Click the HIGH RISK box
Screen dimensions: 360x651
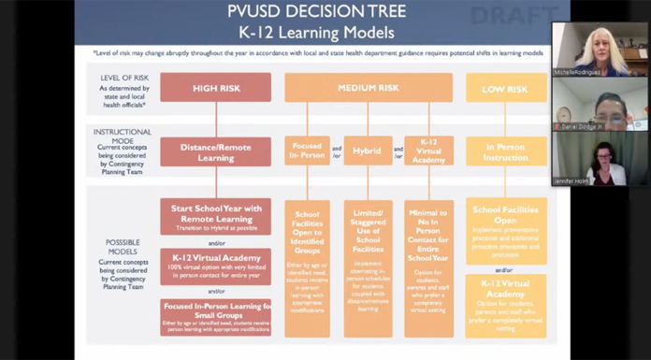(x=215, y=87)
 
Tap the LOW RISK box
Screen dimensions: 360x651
(x=506, y=87)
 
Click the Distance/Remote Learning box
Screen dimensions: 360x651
(x=215, y=151)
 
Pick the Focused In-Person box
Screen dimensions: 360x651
(x=307, y=151)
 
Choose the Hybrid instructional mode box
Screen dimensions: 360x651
(x=368, y=151)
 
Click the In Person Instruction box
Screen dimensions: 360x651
(x=506, y=151)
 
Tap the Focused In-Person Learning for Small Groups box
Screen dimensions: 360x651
(x=215, y=317)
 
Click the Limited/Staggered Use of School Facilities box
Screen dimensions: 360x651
(x=368, y=267)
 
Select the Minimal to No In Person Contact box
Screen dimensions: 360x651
(x=428, y=267)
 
